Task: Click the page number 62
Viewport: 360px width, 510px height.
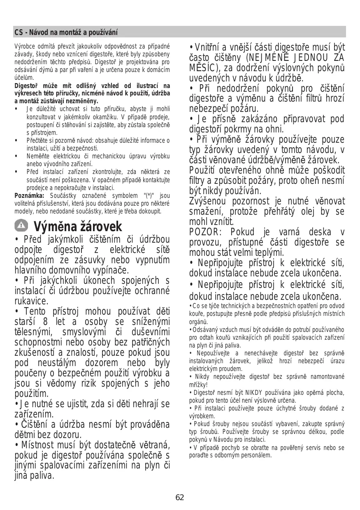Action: tap(180, 498)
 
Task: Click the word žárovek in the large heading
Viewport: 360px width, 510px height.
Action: tap(101, 227)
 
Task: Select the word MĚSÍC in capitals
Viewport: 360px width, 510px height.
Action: tap(203, 68)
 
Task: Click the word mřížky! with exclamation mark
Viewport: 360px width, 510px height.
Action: tap(200, 384)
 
